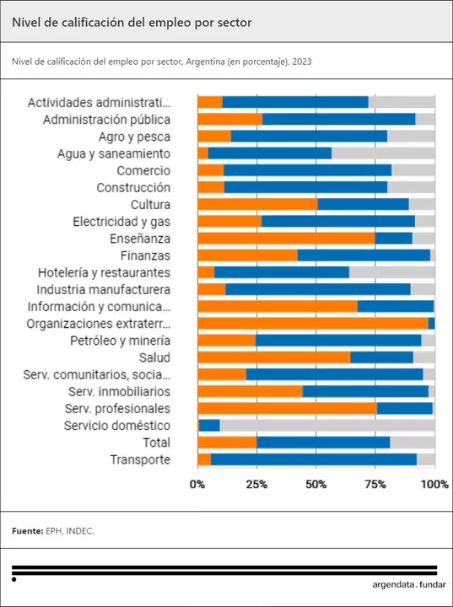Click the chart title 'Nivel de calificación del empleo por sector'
coord(132,23)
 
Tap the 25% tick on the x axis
coord(256,484)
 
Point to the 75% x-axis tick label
coord(375,484)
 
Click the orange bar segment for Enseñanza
coord(286,239)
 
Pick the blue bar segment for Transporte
coord(313,459)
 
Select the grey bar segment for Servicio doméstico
coord(327,426)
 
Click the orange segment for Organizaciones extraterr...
coord(312,324)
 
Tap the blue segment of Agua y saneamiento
coord(269,153)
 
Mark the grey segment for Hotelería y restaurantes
coord(391,272)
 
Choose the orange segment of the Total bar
coord(227,443)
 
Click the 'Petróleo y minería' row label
coord(120,341)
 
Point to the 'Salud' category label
coord(154,357)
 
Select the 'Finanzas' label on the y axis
coord(145,255)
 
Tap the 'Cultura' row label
coord(150,205)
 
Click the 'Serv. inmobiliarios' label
coord(119,392)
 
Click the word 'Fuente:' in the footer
coord(28,531)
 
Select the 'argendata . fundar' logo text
coord(408,584)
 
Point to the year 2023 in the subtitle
coord(302,62)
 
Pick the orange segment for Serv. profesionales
coord(287,409)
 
